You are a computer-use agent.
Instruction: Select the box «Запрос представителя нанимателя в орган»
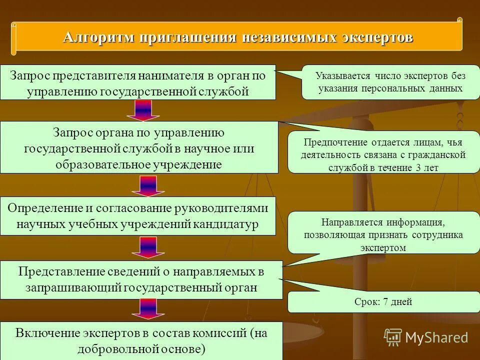click(x=138, y=82)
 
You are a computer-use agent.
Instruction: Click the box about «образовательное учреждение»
click(x=139, y=147)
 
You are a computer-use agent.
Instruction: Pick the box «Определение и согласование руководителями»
click(x=138, y=216)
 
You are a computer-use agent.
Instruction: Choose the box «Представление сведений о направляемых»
click(x=141, y=279)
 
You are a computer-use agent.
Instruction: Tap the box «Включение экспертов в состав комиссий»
click(x=141, y=340)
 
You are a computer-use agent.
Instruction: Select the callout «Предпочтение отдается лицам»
click(x=383, y=154)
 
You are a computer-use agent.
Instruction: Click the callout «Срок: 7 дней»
click(x=383, y=301)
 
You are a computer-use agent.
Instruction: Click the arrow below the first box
click(x=142, y=110)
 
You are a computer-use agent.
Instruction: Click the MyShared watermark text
click(x=436, y=337)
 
